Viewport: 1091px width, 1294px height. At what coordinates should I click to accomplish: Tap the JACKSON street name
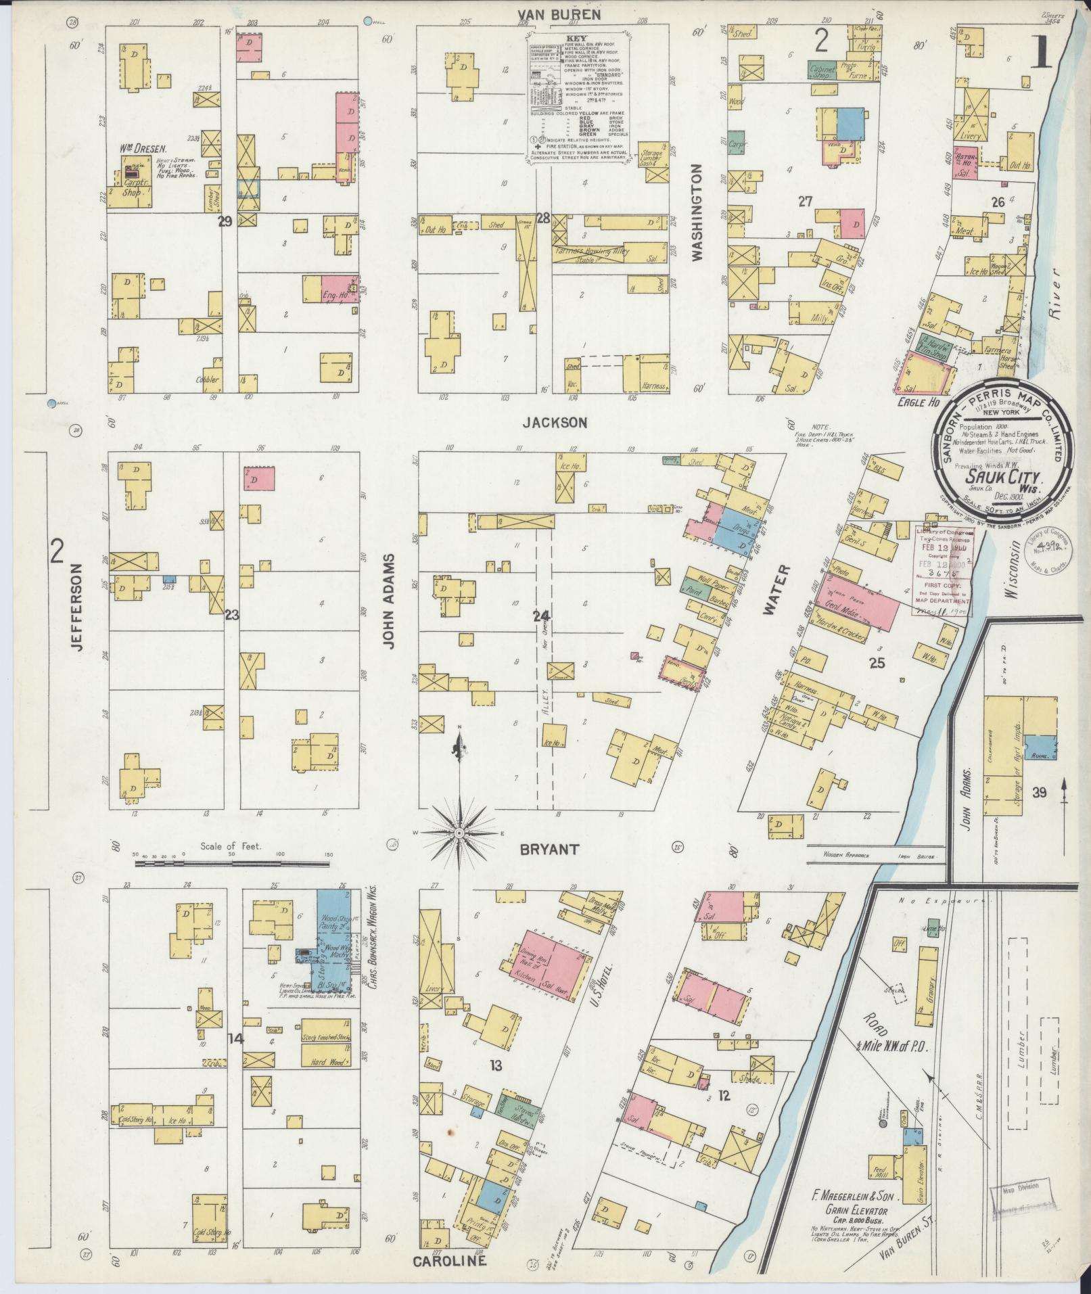coord(563,423)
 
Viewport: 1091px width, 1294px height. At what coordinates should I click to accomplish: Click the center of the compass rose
coord(459,831)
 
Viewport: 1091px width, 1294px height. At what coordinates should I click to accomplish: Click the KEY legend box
coord(579,97)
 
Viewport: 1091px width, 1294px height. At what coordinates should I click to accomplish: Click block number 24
coord(541,616)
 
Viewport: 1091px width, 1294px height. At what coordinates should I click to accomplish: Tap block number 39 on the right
coord(1039,792)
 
